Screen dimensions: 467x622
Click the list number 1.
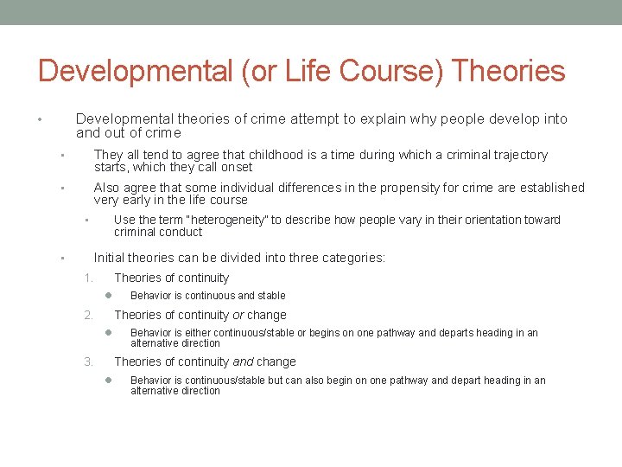click(x=87, y=278)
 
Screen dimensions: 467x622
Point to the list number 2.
click(x=87, y=315)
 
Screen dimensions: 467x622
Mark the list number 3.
click(x=87, y=361)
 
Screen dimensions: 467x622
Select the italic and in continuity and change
click(x=243, y=361)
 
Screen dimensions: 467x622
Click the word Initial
click(x=110, y=257)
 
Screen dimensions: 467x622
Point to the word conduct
click(x=182, y=232)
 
